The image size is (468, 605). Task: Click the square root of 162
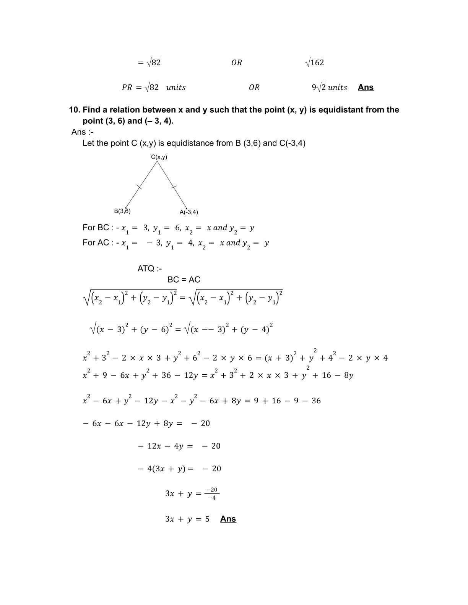pos(315,62)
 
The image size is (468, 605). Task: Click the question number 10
pos(74,110)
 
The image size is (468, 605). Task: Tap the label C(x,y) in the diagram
pos(159,157)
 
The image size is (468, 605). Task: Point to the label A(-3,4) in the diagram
pos(189,212)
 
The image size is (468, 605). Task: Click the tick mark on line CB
pos(140,187)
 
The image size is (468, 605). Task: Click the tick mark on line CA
pos(174,187)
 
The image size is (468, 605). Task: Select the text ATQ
pos(146,269)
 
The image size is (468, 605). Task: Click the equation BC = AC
pos(184,280)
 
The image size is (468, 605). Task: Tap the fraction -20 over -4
pos(211,493)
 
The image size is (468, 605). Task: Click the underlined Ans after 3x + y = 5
pos(228,519)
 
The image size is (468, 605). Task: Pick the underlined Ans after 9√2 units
pos(366,87)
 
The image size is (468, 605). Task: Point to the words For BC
pos(96,228)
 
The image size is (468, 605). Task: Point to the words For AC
pos(96,243)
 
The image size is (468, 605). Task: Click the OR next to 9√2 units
pos(254,87)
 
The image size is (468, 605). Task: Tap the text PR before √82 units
pos(127,87)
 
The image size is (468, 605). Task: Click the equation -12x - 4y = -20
pos(179,446)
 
